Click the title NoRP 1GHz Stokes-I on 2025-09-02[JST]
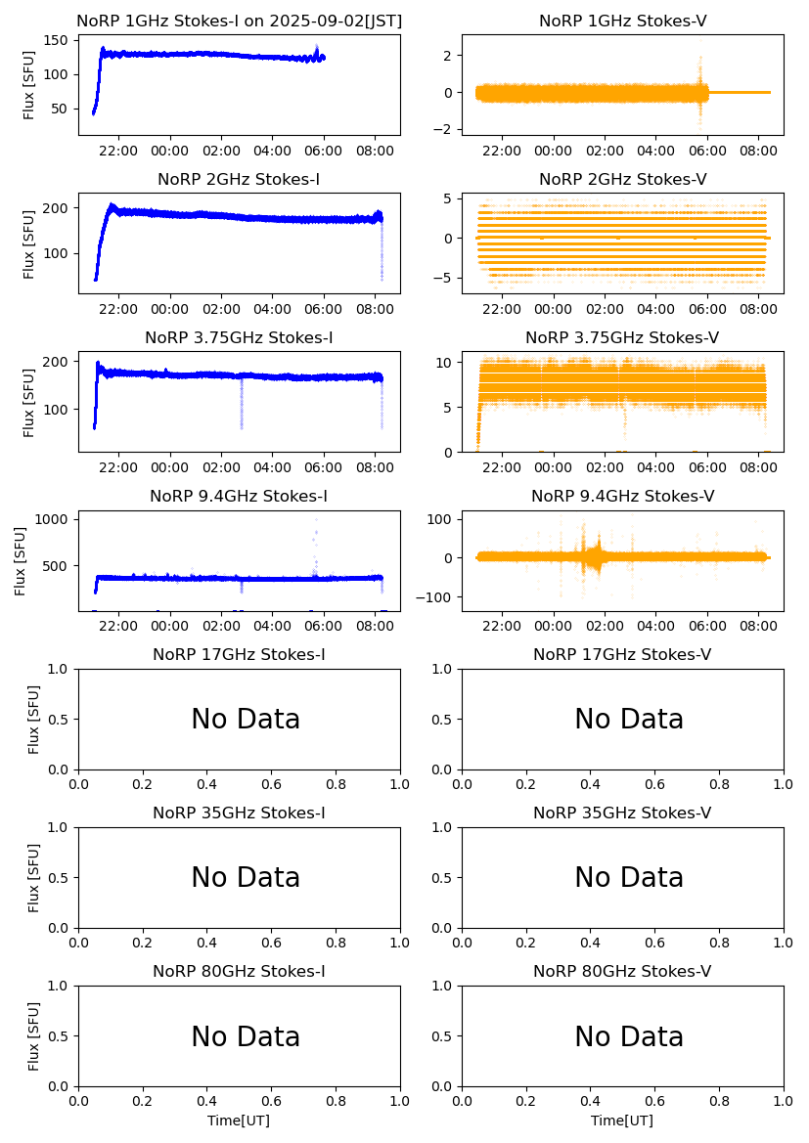tap(239, 21)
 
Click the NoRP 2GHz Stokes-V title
tap(622, 179)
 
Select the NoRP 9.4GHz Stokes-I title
tap(239, 496)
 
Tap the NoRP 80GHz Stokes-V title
tap(622, 971)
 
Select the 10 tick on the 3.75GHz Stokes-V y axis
tap(442, 362)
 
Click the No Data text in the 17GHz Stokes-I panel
tap(246, 720)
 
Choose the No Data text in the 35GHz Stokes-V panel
tap(629, 878)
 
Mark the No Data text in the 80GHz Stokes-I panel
tap(246, 1036)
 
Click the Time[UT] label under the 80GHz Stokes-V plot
tap(622, 1121)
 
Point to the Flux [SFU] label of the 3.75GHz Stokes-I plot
tap(29, 401)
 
